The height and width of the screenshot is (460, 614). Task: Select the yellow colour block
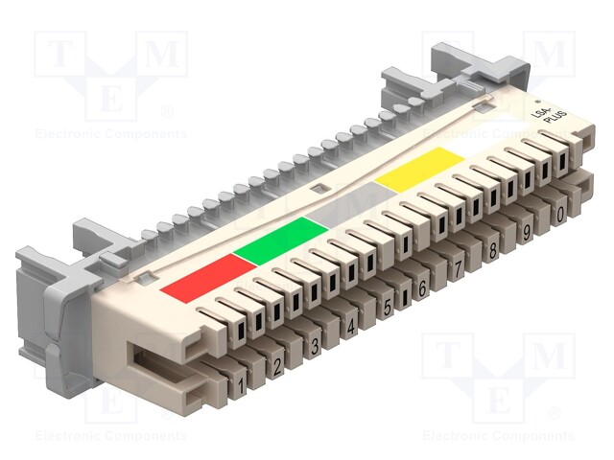click(x=415, y=168)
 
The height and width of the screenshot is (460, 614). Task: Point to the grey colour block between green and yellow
click(x=349, y=203)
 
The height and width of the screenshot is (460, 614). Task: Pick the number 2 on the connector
click(x=278, y=365)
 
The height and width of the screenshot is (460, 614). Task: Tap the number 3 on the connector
click(x=315, y=346)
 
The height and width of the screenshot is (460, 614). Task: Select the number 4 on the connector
click(x=351, y=327)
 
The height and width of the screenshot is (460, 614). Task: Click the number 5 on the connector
click(x=388, y=308)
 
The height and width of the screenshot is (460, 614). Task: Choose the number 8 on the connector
click(x=493, y=250)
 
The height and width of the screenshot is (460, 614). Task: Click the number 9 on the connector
click(x=527, y=232)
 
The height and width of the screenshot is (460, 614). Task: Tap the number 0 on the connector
click(x=559, y=215)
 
